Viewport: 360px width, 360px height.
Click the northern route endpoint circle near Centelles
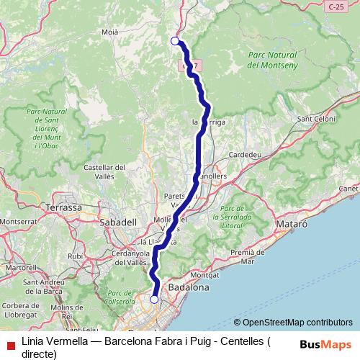(x=175, y=41)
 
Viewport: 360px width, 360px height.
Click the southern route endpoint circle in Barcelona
(x=154, y=299)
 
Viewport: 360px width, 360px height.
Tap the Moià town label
(x=110, y=32)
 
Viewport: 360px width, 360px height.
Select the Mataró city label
(x=292, y=224)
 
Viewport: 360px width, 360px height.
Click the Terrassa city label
(x=63, y=207)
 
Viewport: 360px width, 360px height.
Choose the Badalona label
(x=188, y=287)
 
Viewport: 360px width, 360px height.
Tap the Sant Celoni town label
(x=314, y=119)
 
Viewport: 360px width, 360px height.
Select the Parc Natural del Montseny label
(x=272, y=59)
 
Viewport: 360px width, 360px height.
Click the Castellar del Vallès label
(x=105, y=172)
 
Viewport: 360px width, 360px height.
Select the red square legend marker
(x=9, y=343)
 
